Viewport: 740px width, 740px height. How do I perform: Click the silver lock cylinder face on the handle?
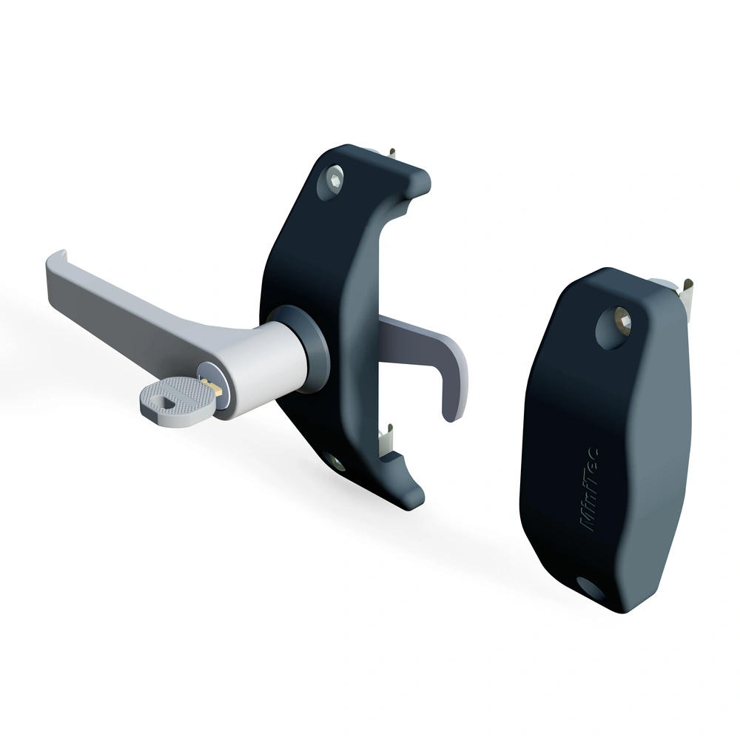click(x=213, y=390)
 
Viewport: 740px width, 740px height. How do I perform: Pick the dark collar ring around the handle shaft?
click(x=301, y=349)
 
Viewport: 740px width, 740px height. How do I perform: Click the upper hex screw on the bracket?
click(x=333, y=181)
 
